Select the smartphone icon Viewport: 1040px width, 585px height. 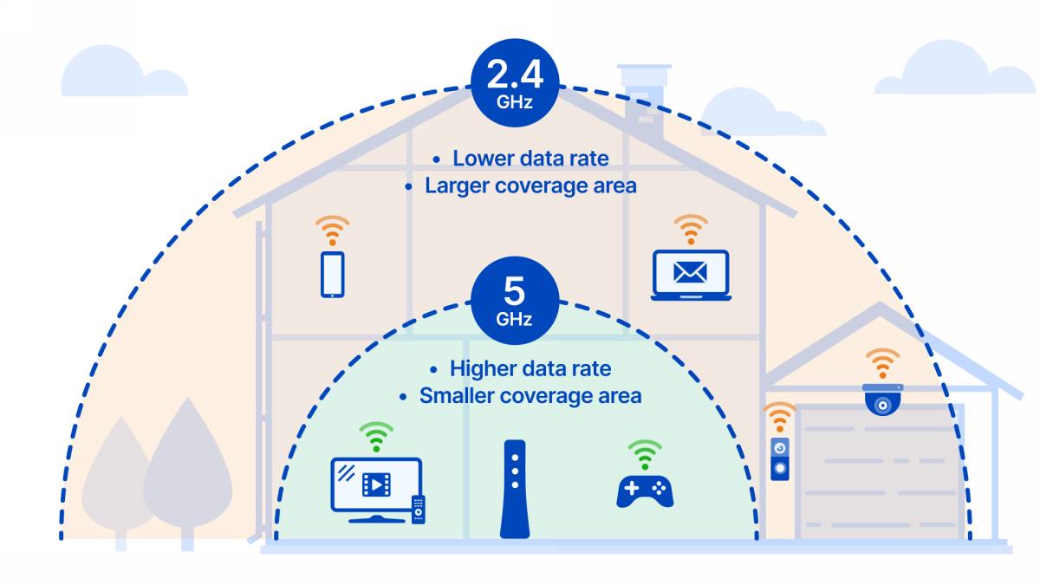tap(333, 274)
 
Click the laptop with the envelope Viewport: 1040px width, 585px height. tap(690, 276)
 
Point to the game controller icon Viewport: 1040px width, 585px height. tap(645, 490)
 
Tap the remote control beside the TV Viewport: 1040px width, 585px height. tap(418, 509)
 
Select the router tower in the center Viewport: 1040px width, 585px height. tap(514, 489)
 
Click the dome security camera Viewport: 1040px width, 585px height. tap(882, 399)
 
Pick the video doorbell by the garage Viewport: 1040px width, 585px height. tap(780, 458)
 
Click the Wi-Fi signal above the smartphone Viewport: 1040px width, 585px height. tap(333, 231)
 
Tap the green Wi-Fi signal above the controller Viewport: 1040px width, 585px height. tap(645, 453)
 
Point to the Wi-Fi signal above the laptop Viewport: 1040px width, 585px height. tap(690, 230)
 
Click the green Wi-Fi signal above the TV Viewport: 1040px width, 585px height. tap(376, 437)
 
